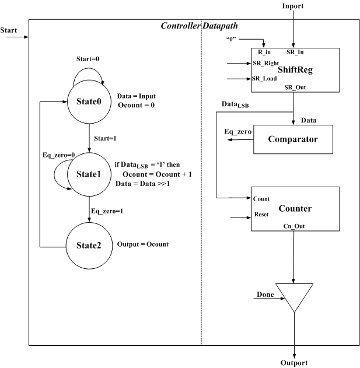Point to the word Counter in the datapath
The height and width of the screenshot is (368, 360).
click(295, 208)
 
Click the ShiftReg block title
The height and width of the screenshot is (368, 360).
click(295, 70)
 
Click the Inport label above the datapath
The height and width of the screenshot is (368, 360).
click(293, 6)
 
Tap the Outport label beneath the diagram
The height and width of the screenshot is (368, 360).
click(294, 363)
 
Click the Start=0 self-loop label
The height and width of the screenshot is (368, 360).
click(88, 59)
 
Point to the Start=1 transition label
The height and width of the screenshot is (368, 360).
click(105, 138)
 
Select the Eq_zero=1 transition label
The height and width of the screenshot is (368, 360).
click(107, 211)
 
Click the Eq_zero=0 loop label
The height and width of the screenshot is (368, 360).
click(59, 155)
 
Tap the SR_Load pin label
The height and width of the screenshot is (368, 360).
click(264, 78)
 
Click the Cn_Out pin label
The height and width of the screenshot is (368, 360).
click(294, 226)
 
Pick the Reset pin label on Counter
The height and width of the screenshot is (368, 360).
click(261, 214)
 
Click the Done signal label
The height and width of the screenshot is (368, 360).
click(265, 295)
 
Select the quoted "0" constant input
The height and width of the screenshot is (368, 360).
click(231, 39)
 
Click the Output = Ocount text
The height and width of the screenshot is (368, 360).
click(143, 244)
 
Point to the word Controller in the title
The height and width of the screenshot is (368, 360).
click(180, 26)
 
